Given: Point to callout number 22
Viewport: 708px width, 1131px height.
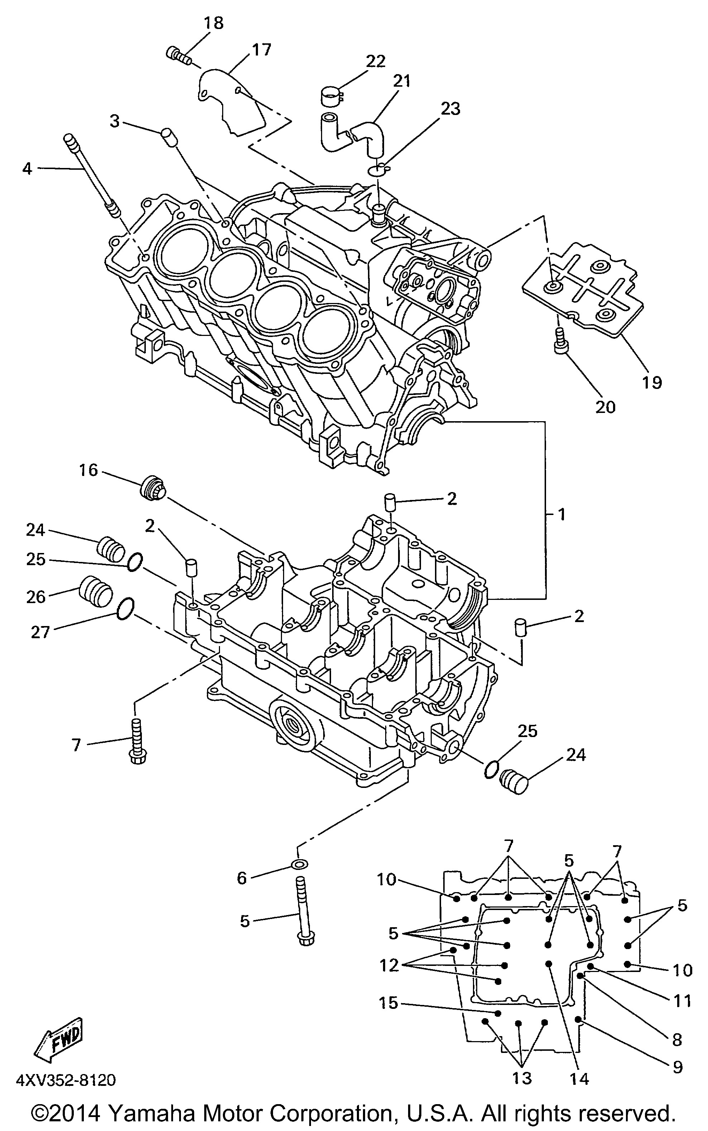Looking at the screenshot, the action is (x=375, y=61).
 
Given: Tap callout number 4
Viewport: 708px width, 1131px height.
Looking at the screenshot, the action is (x=27, y=168).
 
